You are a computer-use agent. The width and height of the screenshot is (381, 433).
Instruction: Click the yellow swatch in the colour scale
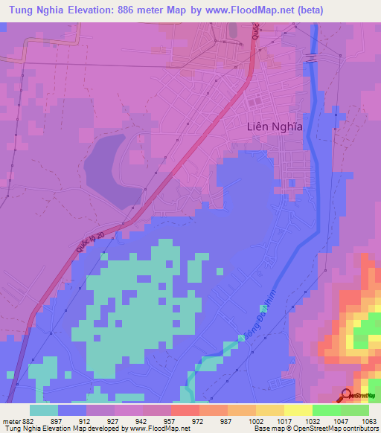click(x=298, y=410)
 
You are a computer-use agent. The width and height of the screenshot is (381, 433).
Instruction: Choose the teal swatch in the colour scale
click(x=44, y=410)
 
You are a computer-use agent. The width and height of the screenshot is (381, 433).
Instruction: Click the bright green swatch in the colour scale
click(x=326, y=410)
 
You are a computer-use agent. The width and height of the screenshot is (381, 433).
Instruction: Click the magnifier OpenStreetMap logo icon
click(x=347, y=395)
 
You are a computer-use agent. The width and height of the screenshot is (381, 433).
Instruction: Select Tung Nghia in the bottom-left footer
click(x=18, y=428)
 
